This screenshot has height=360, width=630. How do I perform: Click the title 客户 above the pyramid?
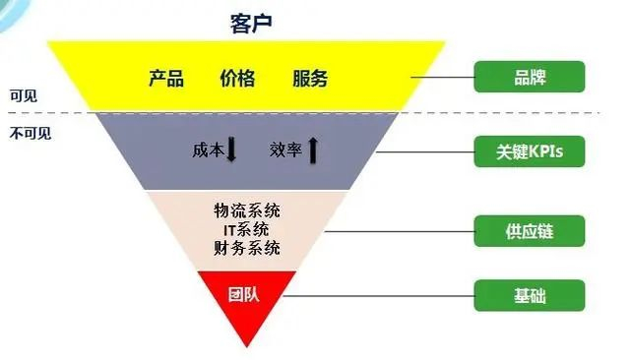pyautogui.click(x=245, y=21)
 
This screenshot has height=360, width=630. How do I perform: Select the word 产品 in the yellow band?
pyautogui.click(x=166, y=79)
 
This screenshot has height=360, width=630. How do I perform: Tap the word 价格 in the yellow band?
pyautogui.click(x=237, y=79)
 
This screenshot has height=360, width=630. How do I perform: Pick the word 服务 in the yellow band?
pyautogui.click(x=310, y=79)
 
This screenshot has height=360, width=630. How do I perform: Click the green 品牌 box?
pyautogui.click(x=530, y=77)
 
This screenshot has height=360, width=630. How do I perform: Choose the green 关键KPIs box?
pyautogui.click(x=530, y=151)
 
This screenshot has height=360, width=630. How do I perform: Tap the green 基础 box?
pyautogui.click(x=530, y=294)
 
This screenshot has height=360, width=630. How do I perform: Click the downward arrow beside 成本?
pyautogui.click(x=232, y=150)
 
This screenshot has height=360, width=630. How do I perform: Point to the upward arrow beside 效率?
pyautogui.click(x=313, y=150)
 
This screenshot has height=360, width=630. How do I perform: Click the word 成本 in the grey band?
pyautogui.click(x=208, y=150)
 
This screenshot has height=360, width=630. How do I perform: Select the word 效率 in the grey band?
pyautogui.click(x=285, y=150)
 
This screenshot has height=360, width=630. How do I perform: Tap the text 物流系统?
pyautogui.click(x=247, y=210)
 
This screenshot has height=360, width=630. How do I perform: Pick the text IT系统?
pyautogui.click(x=247, y=229)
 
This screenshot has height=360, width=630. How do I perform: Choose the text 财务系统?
pyautogui.click(x=247, y=247)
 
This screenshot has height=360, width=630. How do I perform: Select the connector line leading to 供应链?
pyautogui.click(x=399, y=231)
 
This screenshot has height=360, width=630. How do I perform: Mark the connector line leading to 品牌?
pyautogui.click(x=442, y=77)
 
